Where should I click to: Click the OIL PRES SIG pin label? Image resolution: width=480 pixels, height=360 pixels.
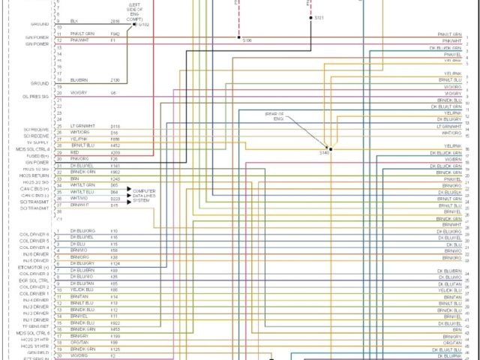[x=36, y=96]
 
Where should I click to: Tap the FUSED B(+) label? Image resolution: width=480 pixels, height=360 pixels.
[x=37, y=155]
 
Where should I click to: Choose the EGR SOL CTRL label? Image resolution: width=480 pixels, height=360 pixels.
[x=35, y=280]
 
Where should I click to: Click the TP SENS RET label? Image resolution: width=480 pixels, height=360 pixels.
[x=36, y=326]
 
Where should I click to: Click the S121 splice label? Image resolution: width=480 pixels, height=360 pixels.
[x=319, y=17]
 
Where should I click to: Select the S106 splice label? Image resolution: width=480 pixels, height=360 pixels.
[x=247, y=40]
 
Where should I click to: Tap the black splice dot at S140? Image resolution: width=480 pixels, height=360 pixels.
[x=330, y=148]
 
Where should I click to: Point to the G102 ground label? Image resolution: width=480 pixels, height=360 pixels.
[x=142, y=24]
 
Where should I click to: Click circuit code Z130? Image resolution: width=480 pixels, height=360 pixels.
[x=115, y=79]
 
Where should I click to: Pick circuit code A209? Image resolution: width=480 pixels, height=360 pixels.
[x=115, y=152]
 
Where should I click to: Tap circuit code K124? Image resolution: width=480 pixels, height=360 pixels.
[x=115, y=263]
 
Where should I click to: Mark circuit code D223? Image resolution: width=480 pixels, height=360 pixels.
[x=115, y=198]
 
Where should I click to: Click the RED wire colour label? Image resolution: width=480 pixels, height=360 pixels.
[x=75, y=152]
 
